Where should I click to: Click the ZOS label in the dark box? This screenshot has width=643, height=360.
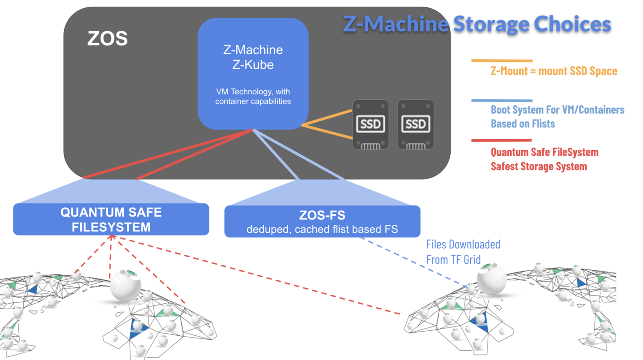(x=107, y=38)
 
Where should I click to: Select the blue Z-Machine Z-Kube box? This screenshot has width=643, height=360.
(x=253, y=73)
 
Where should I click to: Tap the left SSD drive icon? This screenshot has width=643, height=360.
(x=370, y=124)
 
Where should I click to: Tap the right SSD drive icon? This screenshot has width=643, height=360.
(x=415, y=124)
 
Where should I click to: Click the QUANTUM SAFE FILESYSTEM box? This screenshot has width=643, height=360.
(x=111, y=219)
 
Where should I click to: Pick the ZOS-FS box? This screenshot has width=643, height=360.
(x=322, y=221)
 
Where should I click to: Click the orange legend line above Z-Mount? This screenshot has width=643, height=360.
(x=501, y=60)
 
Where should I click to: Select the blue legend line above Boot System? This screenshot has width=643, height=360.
(x=501, y=100)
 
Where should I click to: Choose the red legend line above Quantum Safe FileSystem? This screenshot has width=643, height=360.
(x=501, y=140)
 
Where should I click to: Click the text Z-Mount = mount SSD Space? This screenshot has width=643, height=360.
(x=554, y=71)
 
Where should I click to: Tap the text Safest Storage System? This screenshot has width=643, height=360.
(x=539, y=166)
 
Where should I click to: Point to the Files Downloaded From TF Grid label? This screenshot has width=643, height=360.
(x=463, y=251)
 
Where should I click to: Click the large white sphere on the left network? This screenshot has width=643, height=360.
(x=125, y=285)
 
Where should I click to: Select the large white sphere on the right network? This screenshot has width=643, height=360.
(x=491, y=277)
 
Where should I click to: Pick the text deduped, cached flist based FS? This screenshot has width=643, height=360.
(x=322, y=229)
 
